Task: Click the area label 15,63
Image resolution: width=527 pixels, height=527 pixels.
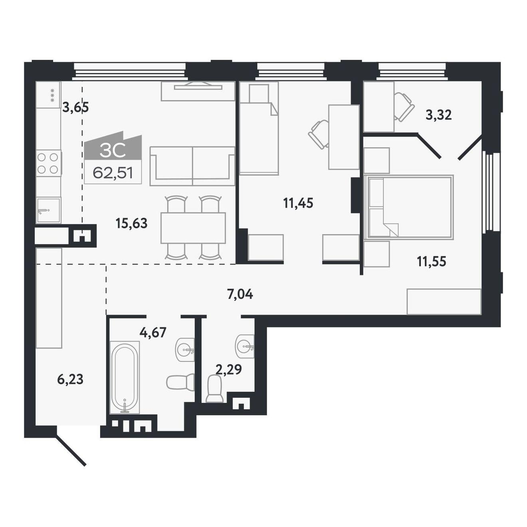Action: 131,224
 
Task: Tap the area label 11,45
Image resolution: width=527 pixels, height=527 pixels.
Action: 298,204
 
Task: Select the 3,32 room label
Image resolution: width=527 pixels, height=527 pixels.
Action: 438,115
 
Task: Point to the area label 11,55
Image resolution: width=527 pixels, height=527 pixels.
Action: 432,262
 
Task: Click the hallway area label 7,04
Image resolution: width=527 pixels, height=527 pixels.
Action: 240,295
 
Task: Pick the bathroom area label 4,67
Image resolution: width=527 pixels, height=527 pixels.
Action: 153,333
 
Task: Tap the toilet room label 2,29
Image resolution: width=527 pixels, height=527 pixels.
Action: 229,370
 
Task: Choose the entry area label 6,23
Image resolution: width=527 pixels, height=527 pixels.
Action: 70,380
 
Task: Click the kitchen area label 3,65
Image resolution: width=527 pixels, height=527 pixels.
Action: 75,107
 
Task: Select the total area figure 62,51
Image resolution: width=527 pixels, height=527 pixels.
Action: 113,173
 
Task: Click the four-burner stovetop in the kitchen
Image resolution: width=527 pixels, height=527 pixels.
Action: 48,163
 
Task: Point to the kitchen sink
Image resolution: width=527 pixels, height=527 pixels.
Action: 48,210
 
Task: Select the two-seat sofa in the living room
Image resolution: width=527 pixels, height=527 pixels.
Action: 192,166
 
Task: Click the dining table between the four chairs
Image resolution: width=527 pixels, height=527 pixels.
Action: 193,228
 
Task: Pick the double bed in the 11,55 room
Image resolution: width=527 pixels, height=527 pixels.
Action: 410,207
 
